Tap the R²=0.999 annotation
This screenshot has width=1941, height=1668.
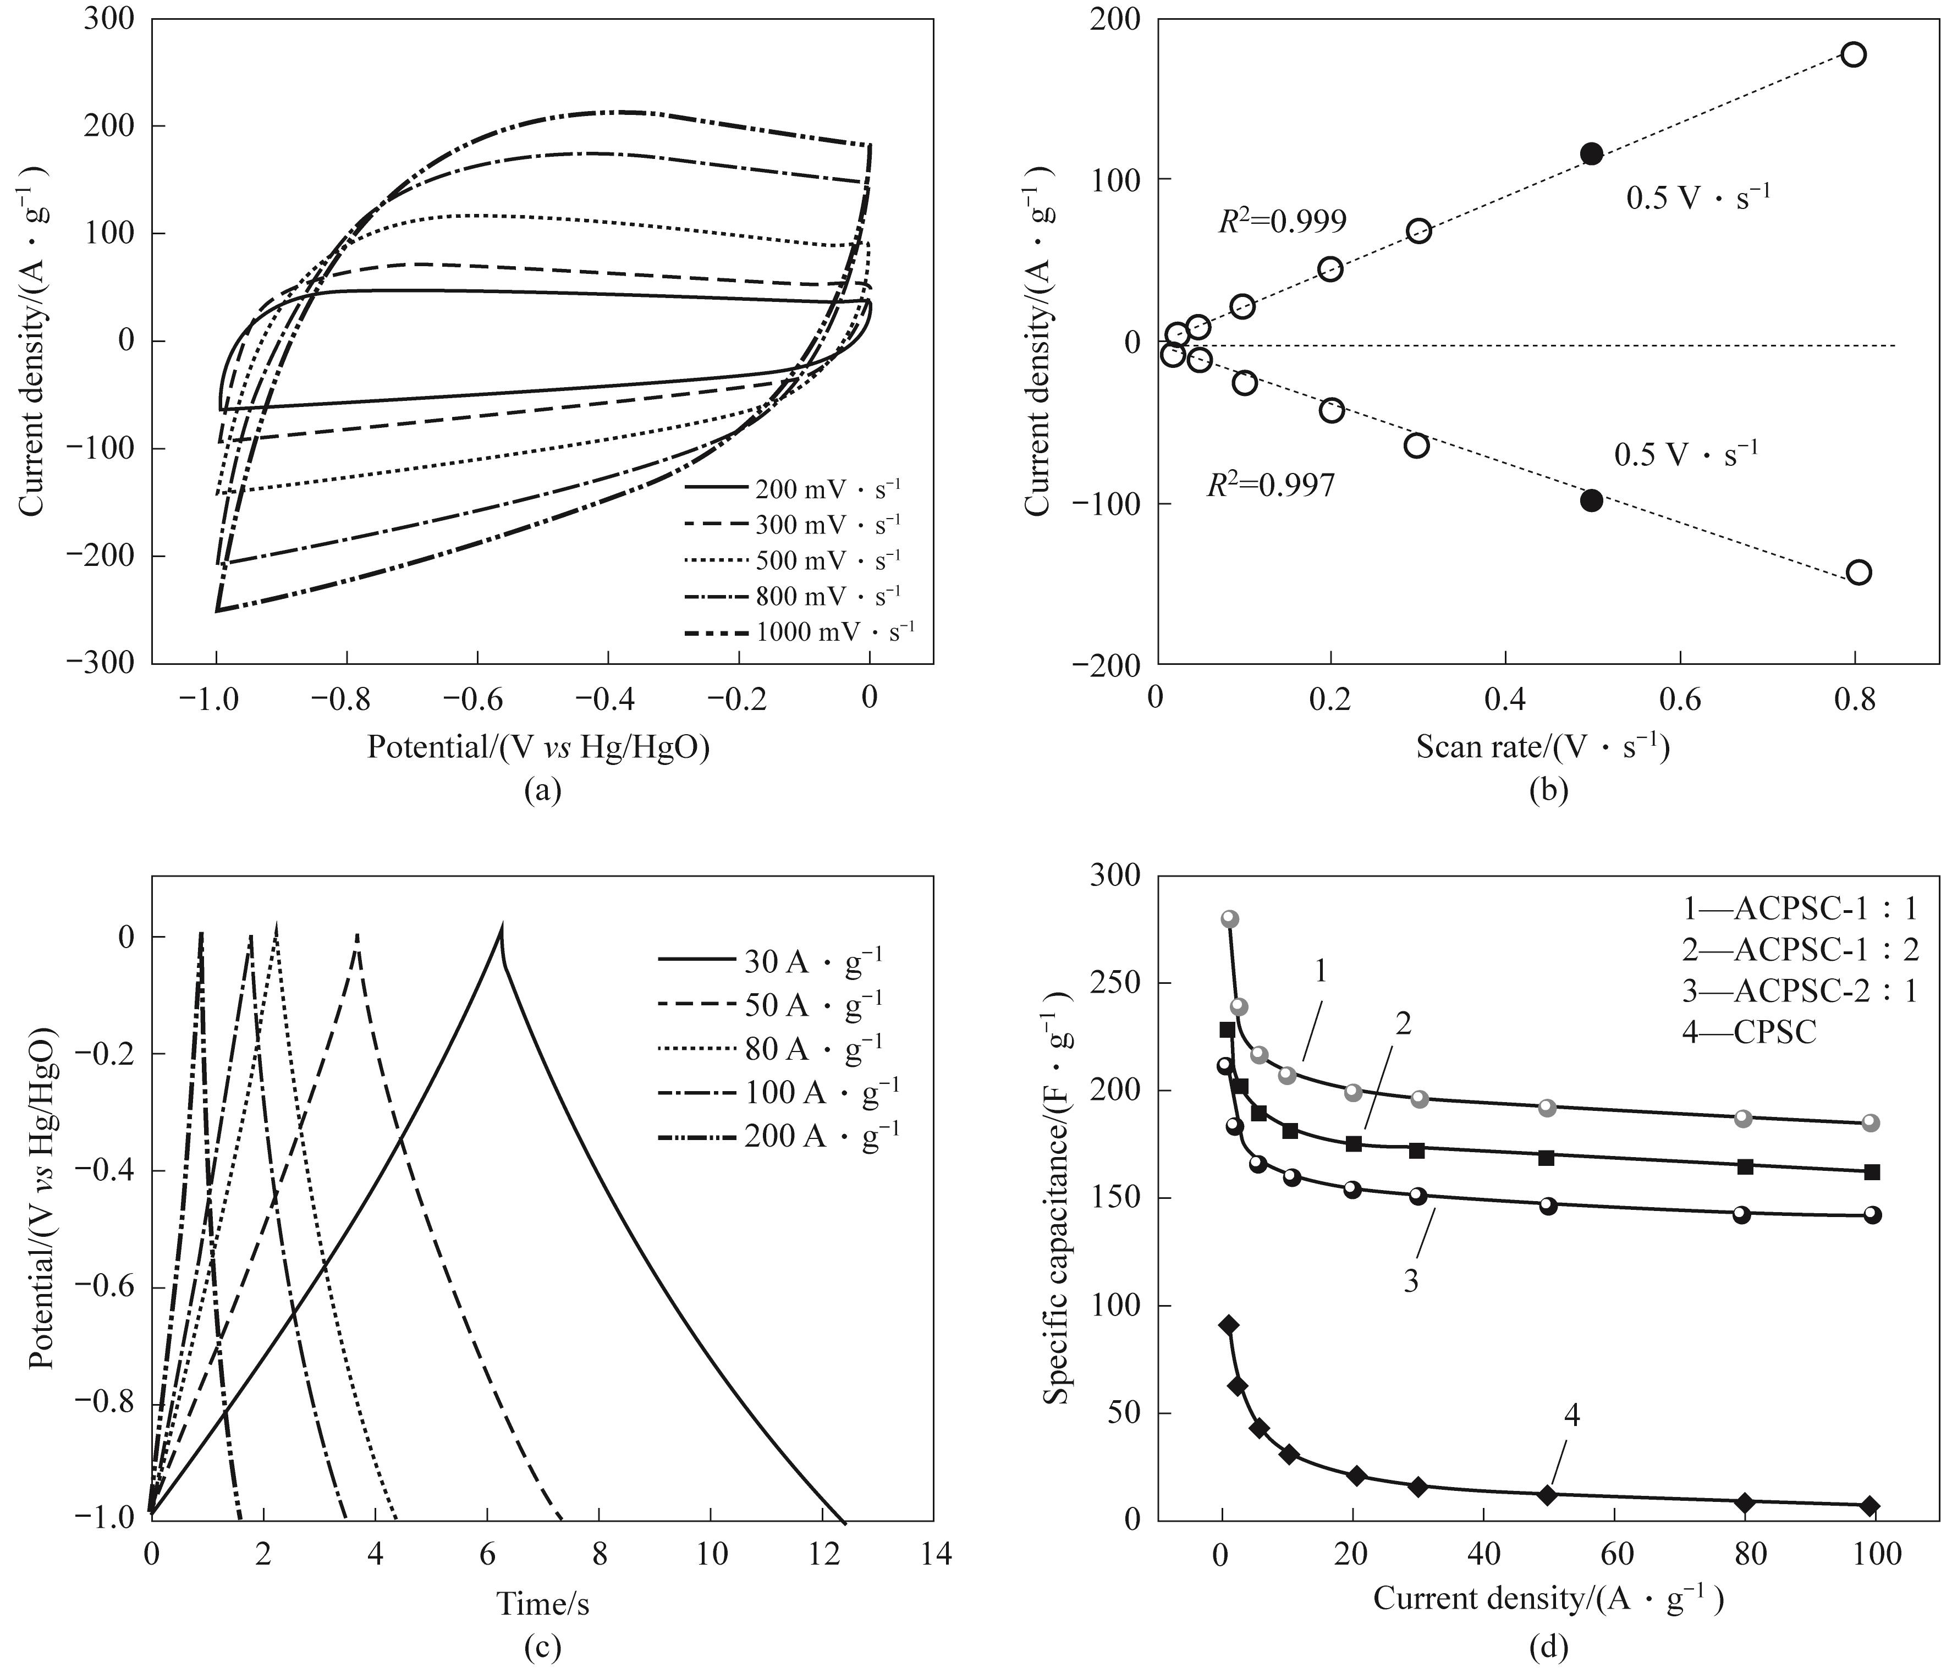pyautogui.click(x=1282, y=222)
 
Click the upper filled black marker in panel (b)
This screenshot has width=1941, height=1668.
pyautogui.click(x=1591, y=153)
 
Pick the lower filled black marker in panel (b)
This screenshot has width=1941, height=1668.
pyautogui.click(x=1591, y=500)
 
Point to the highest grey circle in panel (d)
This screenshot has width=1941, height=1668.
pyautogui.click(x=1230, y=919)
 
